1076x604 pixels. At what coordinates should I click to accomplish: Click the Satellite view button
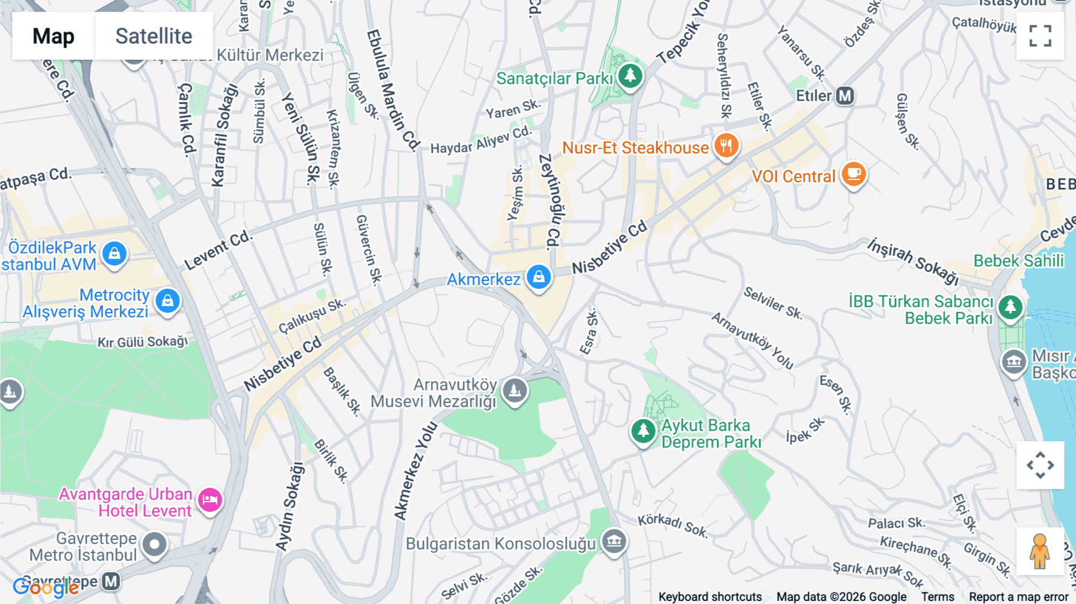pyautogui.click(x=154, y=36)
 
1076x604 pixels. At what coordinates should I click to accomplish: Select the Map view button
pyautogui.click(x=53, y=36)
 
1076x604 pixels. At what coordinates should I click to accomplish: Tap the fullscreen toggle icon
pyautogui.click(x=1040, y=36)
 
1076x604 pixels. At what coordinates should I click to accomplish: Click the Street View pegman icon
pyautogui.click(x=1040, y=551)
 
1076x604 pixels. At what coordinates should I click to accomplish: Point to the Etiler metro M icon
pyautogui.click(x=845, y=96)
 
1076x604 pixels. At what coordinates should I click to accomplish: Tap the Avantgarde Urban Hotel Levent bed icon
pyautogui.click(x=210, y=500)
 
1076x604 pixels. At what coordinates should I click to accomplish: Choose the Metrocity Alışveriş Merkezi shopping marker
pyautogui.click(x=167, y=301)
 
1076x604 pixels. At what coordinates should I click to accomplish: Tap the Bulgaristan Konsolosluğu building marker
pyautogui.click(x=614, y=542)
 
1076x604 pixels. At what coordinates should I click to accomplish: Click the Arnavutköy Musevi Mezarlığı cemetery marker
pyautogui.click(x=515, y=391)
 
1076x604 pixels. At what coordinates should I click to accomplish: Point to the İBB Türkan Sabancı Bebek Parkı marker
pyautogui.click(x=1010, y=307)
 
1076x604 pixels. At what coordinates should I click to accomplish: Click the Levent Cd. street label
pyautogui.click(x=218, y=250)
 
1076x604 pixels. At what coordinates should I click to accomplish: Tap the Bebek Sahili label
pyautogui.click(x=1019, y=261)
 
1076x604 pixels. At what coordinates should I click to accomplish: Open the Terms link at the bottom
pyautogui.click(x=937, y=596)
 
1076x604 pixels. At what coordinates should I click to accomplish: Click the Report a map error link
pyautogui.click(x=1018, y=596)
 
